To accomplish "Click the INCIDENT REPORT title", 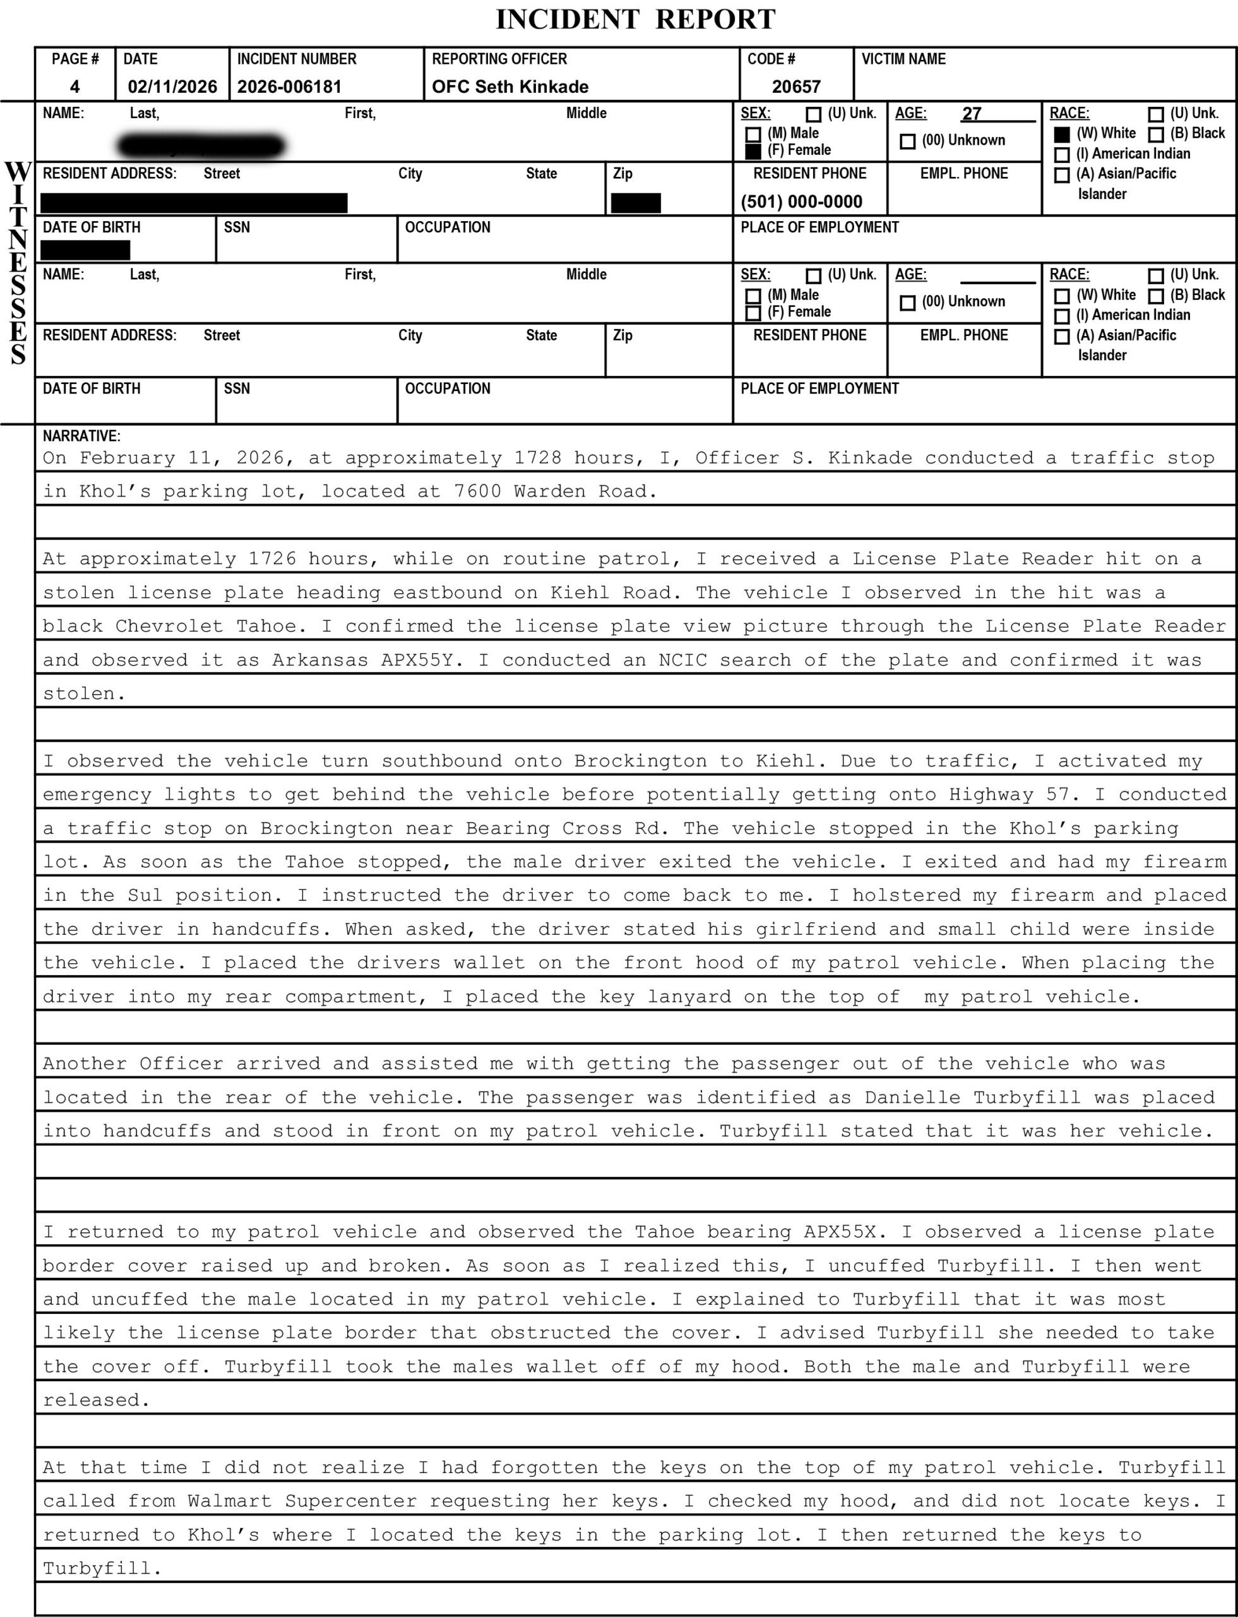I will click(x=635, y=19).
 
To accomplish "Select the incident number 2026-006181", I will click(x=290, y=87).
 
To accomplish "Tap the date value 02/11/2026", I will click(x=172, y=87).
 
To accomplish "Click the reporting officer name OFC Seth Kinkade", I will click(x=510, y=87).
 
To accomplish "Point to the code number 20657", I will click(x=796, y=87).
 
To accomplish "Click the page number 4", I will click(x=75, y=87).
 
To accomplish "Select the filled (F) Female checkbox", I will click(x=753, y=152).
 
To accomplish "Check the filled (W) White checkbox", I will click(x=1062, y=134).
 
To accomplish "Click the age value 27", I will click(x=971, y=114).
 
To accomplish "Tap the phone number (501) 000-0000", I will click(x=801, y=202).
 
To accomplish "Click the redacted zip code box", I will click(x=636, y=203).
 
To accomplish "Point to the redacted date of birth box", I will click(x=85, y=250).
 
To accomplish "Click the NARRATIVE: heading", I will click(x=81, y=436).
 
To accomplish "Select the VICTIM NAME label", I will click(x=903, y=59).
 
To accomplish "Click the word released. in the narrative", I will click(x=96, y=1400).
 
